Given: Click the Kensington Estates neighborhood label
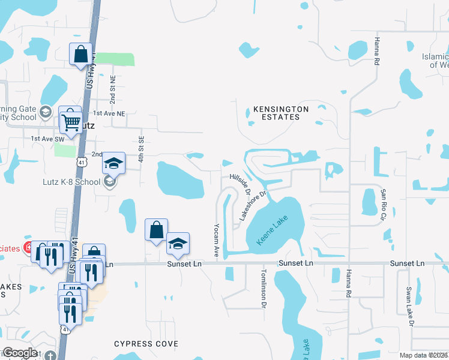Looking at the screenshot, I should coord(280,113).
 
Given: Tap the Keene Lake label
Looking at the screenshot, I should coord(268,230).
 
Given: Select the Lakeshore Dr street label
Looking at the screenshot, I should coord(252,206).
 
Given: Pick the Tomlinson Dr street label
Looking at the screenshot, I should coord(263,288).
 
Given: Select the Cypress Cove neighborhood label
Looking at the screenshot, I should coord(146,344).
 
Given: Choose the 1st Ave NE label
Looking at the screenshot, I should coord(109,113).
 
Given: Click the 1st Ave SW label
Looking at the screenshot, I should coord(47,139).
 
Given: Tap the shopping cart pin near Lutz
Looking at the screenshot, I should coord(71,121).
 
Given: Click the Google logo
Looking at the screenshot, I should coord(19,353).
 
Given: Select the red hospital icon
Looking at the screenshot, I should coord(28,247).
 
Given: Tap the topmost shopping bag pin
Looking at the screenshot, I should coord(80,55).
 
